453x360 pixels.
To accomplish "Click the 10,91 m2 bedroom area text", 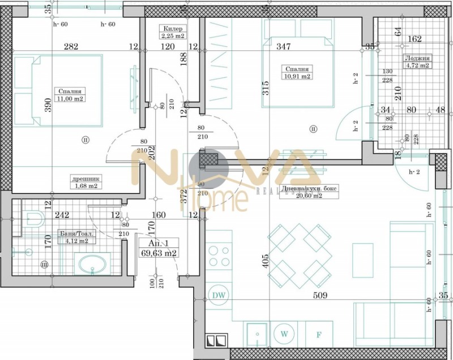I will click(x=298, y=76).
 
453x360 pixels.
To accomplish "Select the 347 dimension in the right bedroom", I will click(x=283, y=47).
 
